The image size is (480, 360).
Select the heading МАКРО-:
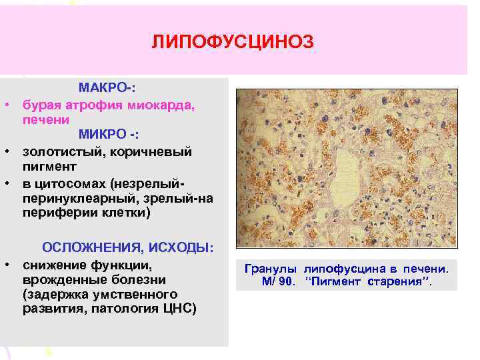(x=107, y=88)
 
